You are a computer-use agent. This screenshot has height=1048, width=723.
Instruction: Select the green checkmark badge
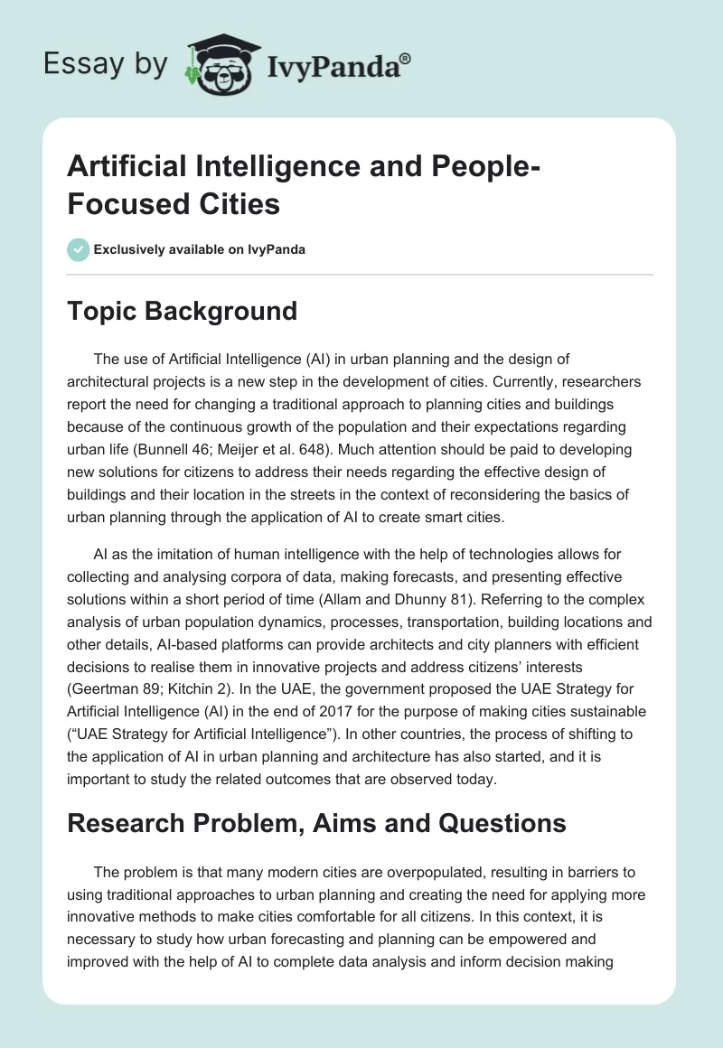[78, 249]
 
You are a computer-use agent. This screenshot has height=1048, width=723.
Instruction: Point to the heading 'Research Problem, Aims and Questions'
[316, 823]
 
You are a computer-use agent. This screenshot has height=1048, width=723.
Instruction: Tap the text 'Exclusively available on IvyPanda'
[201, 249]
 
